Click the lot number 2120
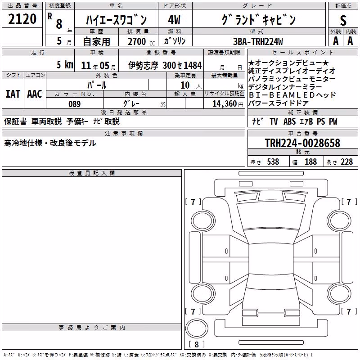[22, 19]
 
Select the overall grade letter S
[343, 20]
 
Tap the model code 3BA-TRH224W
[258, 41]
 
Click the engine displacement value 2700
[137, 41]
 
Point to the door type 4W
[174, 20]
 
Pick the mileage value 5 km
[65, 65]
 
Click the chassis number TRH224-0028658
[302, 143]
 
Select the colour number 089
[75, 104]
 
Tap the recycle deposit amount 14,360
[225, 104]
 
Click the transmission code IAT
[13, 94]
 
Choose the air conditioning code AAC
[35, 94]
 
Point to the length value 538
[273, 162]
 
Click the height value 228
[346, 162]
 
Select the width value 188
[310, 162]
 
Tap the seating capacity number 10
[185, 85]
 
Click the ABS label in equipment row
[289, 121]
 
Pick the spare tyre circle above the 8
[197, 328]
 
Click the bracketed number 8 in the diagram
[197, 344]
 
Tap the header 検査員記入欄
[92, 173]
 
